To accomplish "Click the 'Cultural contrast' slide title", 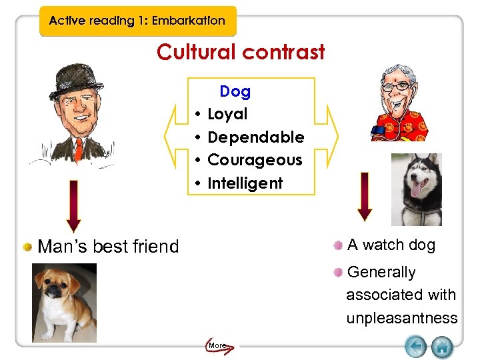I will coord(241,52).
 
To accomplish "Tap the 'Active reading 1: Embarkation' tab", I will coord(137,21).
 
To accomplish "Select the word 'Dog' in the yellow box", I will coord(235,91).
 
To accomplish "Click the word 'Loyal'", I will coord(227,114).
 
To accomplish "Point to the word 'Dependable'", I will coord(256,137).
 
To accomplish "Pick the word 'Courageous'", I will coord(255,160).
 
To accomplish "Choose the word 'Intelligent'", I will coord(245,183).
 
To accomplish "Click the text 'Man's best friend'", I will coord(109,247).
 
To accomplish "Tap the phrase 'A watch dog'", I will coord(391,245).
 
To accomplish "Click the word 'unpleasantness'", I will coord(401,318).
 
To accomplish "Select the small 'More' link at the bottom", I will coord(217,345).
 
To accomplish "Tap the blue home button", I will coord(442,347).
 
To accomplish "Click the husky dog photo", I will coord(416,189).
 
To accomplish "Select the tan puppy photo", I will coord(64,302).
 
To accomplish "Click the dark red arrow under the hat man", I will coord(74,206).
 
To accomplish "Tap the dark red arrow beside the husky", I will coord(365,196).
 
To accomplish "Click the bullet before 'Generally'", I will coord(339,272).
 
